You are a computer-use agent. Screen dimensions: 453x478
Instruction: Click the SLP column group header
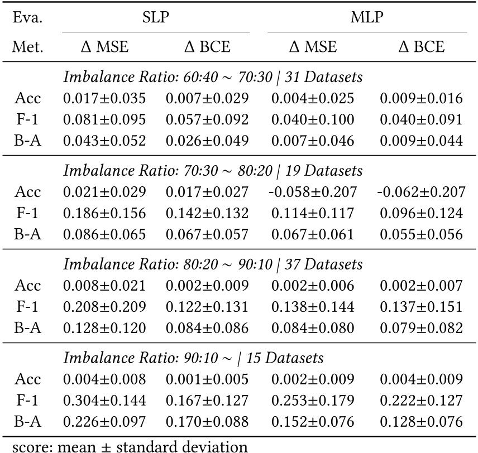155,18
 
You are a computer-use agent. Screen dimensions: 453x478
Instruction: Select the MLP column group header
366,18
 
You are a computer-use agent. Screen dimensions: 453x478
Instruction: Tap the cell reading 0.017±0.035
104,99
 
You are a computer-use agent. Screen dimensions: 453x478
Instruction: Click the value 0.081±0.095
104,120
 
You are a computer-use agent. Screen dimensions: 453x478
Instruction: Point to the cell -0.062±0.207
420,192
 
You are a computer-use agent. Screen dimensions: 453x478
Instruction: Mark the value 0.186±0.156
104,214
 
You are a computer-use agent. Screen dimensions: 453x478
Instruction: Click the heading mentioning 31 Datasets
213,78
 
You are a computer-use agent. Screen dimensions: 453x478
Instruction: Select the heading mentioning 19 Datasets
213,170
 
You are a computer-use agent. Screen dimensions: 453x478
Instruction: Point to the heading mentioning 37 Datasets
213,264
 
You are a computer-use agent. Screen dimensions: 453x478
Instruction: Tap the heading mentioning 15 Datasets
194,358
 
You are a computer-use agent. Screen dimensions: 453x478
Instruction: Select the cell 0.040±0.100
313,120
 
